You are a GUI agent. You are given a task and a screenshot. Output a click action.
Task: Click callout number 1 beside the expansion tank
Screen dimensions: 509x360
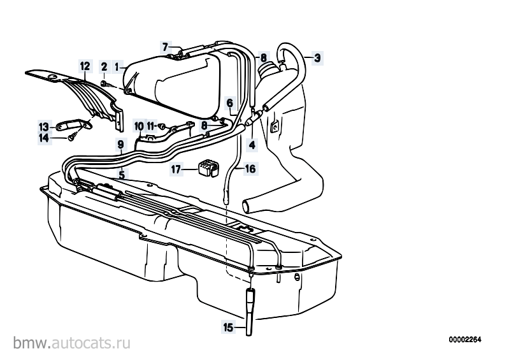coord(117,67)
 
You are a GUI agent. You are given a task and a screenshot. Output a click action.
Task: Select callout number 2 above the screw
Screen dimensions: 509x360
coord(104,67)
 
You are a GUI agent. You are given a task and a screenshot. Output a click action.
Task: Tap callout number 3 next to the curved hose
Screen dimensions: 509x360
coord(317,58)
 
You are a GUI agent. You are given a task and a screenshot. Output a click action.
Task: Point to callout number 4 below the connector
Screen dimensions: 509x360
coord(252,145)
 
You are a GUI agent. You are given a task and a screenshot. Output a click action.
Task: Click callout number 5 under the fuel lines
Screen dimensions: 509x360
coord(122,175)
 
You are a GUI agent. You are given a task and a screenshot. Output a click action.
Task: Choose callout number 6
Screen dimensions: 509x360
coord(229,103)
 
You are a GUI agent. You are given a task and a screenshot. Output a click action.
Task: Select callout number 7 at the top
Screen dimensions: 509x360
coord(165,47)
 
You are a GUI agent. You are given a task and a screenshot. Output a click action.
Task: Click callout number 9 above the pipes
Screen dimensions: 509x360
coord(121,144)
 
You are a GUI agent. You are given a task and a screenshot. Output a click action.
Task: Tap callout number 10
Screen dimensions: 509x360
coord(139,126)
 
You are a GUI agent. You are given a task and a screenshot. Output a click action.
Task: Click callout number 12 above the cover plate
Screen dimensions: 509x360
coord(85,66)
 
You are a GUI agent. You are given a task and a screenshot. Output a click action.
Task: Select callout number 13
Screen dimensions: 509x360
coord(43,127)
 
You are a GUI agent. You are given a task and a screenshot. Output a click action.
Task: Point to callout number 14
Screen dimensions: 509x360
coord(44,138)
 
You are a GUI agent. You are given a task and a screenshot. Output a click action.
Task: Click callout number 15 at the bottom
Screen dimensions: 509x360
coord(228,328)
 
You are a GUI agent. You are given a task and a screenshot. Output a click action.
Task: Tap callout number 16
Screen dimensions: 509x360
coord(250,169)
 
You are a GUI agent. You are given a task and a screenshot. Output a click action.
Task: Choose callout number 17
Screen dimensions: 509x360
coord(176,169)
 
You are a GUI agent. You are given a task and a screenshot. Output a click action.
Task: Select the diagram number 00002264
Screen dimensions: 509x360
coord(465,340)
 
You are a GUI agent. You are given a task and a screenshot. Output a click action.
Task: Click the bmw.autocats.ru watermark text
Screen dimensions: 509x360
coord(72,343)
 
